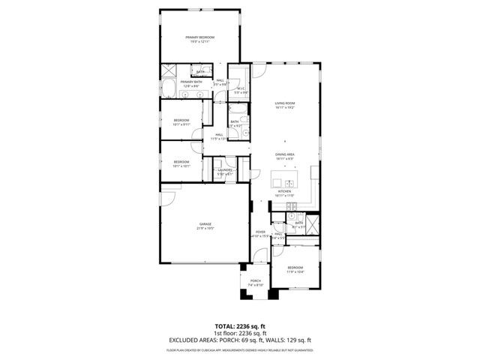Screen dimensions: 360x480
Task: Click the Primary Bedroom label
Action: coord(200,39)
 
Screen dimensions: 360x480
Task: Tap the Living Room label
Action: coord(285,105)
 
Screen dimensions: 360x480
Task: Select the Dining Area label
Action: coord(285,155)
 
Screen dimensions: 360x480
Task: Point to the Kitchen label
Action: coord(285,193)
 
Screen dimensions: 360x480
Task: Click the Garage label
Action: coord(205,226)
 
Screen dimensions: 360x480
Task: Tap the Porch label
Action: coord(256,283)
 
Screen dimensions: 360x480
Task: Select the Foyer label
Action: coord(260,235)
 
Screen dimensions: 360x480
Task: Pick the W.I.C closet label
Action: coord(241,91)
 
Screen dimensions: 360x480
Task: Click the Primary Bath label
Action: coord(189,84)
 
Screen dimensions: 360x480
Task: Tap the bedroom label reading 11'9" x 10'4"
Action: coord(295,269)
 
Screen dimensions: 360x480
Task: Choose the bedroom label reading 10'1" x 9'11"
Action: coord(182,122)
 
